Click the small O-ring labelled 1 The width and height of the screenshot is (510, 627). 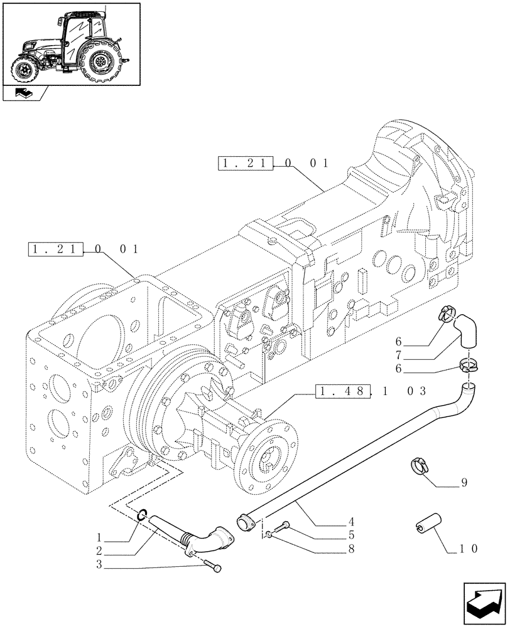click(141, 517)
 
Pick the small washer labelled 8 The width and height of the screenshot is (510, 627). click(268, 534)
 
